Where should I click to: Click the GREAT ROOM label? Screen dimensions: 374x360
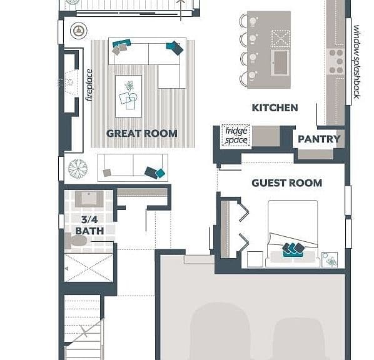tap(142, 134)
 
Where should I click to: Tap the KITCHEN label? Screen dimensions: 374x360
tap(275, 107)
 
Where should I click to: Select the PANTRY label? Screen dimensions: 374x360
tap(319, 139)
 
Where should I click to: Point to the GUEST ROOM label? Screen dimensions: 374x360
tap(286, 183)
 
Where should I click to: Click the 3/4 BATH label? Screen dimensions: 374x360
tap(89, 225)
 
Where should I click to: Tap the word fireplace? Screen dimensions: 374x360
tap(89, 85)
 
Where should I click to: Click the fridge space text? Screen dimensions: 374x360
tap(236, 135)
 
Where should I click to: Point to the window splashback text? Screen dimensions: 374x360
tap(356, 62)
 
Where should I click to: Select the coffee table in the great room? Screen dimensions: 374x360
tap(129, 96)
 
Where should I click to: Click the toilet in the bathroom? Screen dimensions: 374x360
tap(76, 241)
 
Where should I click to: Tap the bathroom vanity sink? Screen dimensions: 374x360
tap(89, 199)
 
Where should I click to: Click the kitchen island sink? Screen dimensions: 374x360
tap(280, 62)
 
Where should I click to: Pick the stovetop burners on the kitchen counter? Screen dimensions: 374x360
tap(336, 61)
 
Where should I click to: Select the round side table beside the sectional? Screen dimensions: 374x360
tap(78, 31)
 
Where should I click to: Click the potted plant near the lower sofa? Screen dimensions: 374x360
tap(78, 169)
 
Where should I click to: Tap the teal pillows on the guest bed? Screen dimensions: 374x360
tap(293, 250)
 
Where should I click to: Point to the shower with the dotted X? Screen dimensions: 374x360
tap(89, 267)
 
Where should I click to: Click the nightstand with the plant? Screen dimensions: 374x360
tap(330, 259)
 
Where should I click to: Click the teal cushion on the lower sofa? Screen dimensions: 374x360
tap(160, 173)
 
